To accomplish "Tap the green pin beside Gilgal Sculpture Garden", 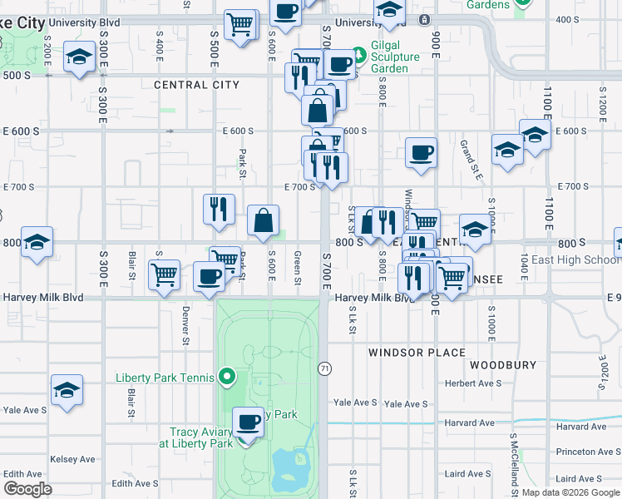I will click(x=359, y=56).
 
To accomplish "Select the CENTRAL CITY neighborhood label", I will click(x=196, y=85).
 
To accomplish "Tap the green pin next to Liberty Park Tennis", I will click(x=225, y=378).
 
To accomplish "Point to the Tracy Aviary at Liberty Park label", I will click(x=201, y=437).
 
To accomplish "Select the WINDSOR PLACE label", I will click(x=417, y=353).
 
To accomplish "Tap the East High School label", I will click(x=576, y=259).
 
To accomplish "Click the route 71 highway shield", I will click(x=324, y=367).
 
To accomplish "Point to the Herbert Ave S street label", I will click(x=473, y=383).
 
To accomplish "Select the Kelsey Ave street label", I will click(x=73, y=459).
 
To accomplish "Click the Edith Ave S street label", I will click(x=135, y=483).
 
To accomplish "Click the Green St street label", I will click(x=297, y=266).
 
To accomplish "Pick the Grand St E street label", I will click(x=471, y=160).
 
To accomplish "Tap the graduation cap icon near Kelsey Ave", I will click(x=67, y=390).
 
